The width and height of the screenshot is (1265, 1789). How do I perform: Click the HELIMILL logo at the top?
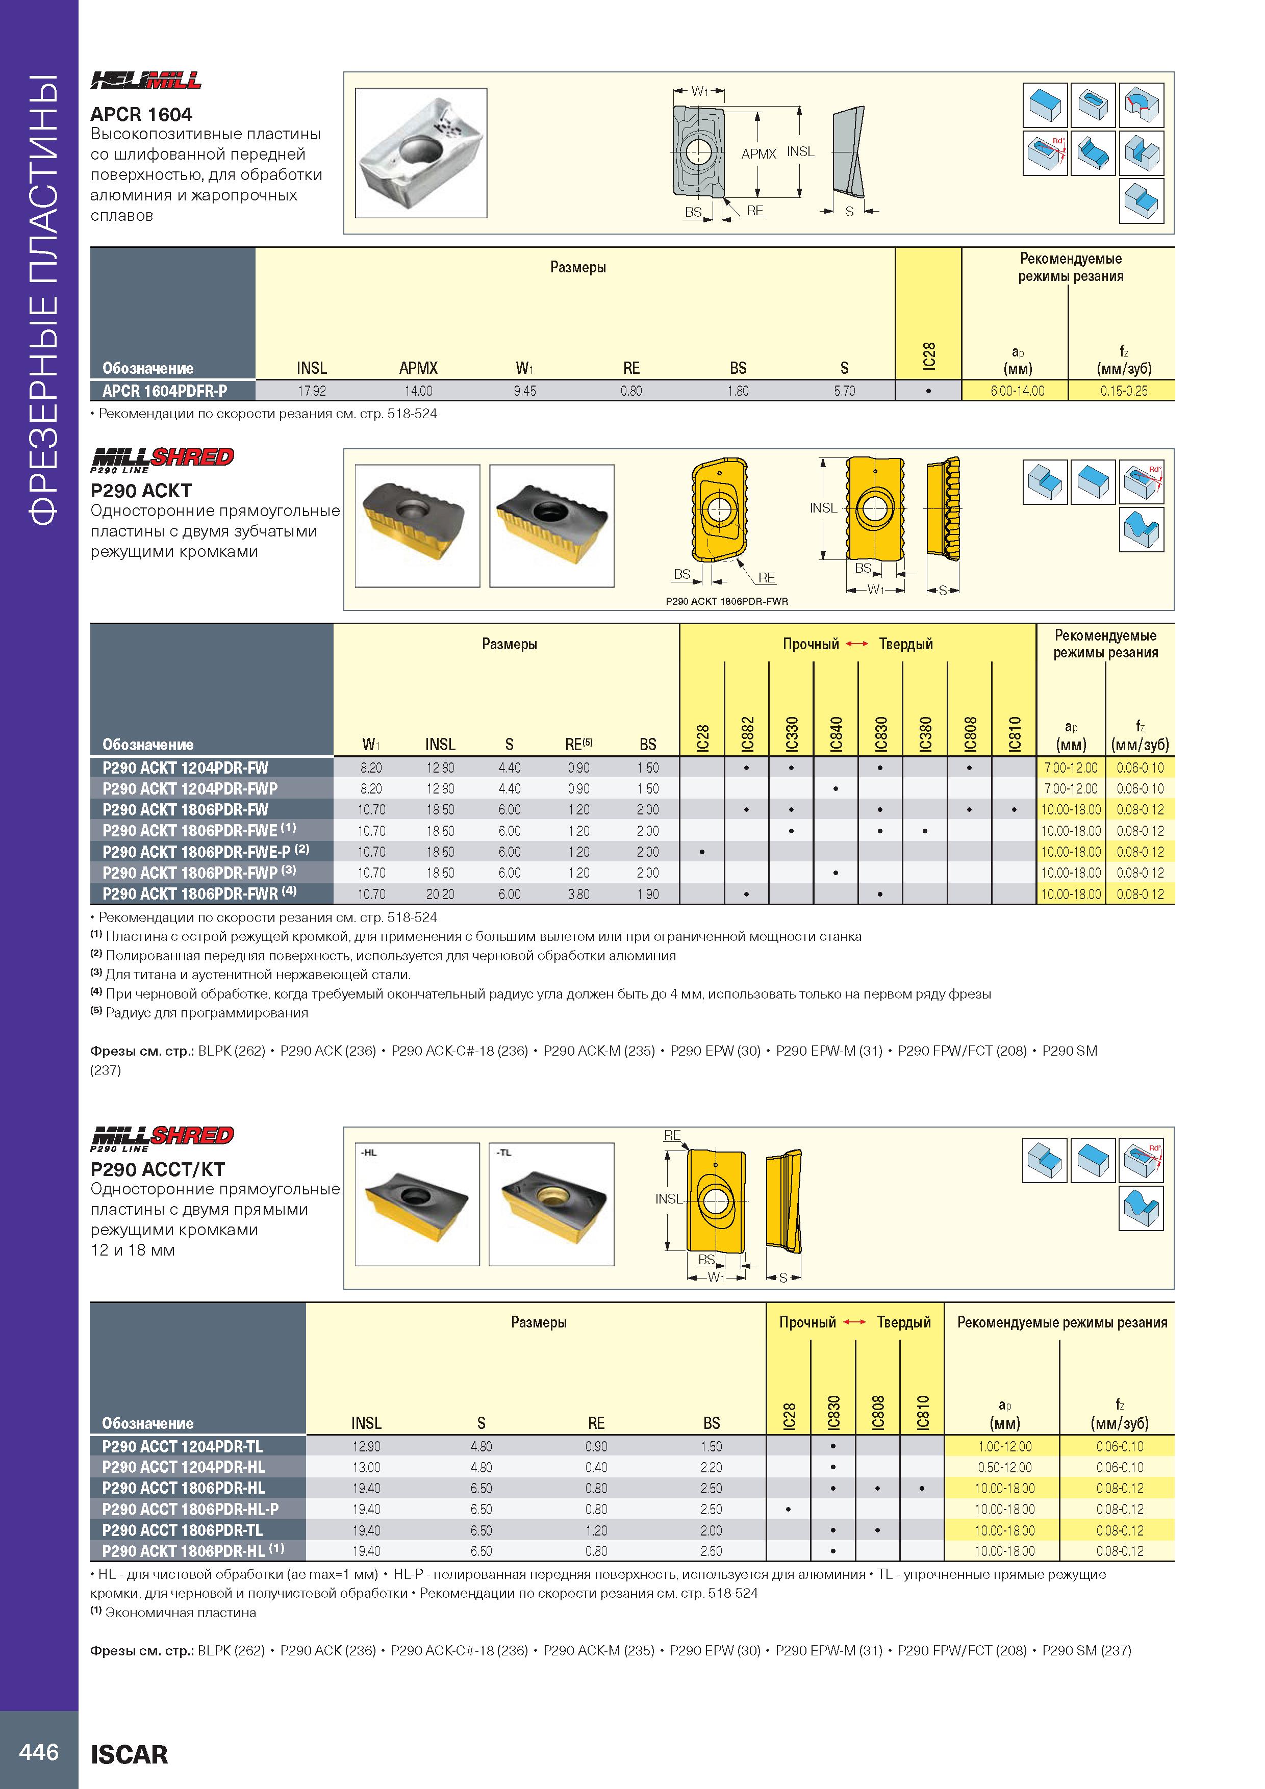[x=146, y=80]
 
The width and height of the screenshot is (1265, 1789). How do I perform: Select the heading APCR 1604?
[x=141, y=115]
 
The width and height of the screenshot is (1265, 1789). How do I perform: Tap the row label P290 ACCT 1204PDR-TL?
[x=183, y=1447]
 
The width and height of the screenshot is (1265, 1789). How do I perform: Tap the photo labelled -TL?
[x=552, y=1204]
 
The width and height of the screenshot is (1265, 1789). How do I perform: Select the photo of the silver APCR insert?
[x=421, y=152]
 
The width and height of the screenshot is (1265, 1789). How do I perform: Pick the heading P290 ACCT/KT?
[x=158, y=1169]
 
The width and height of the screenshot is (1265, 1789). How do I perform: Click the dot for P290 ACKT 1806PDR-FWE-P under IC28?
[x=702, y=852]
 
